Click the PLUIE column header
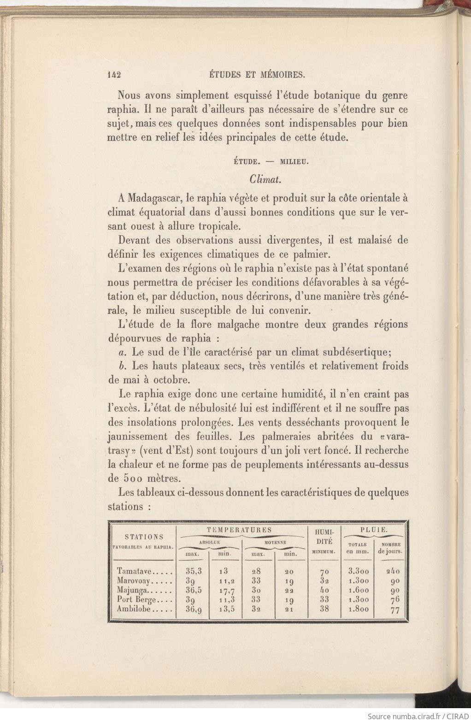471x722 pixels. (373, 530)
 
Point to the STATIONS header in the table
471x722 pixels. (144, 537)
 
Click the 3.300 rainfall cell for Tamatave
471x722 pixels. (358, 571)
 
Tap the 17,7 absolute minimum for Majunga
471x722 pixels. (225, 590)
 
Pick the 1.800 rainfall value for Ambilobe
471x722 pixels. (358, 609)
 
